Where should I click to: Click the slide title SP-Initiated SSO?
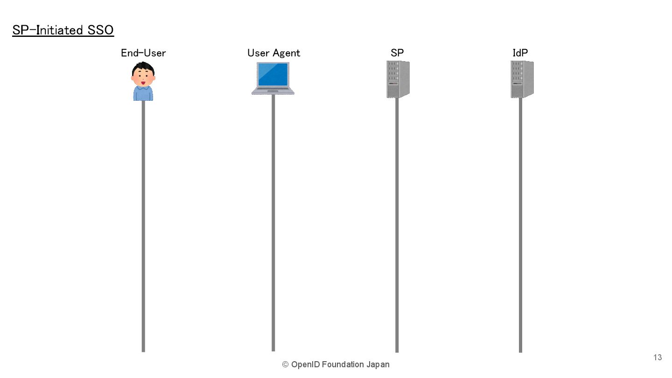(x=63, y=30)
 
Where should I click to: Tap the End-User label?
(x=143, y=53)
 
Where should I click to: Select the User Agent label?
(x=273, y=53)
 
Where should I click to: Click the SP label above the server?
(x=397, y=53)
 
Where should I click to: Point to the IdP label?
(x=520, y=53)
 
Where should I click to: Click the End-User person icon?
(x=143, y=82)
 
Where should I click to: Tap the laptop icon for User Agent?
(x=273, y=79)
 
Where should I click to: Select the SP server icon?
(x=398, y=79)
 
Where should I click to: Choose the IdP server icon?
(x=522, y=79)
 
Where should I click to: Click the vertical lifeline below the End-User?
(x=143, y=224)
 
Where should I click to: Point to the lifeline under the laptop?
(x=273, y=224)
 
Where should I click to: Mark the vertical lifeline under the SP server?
(x=397, y=224)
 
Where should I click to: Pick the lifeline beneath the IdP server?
(x=520, y=224)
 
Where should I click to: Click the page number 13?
(x=658, y=357)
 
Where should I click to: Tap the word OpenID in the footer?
(x=306, y=364)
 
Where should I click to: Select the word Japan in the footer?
(x=378, y=364)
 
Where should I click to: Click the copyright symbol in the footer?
(x=285, y=364)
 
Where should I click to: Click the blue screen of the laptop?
(x=273, y=74)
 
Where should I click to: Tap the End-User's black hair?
(x=143, y=68)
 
